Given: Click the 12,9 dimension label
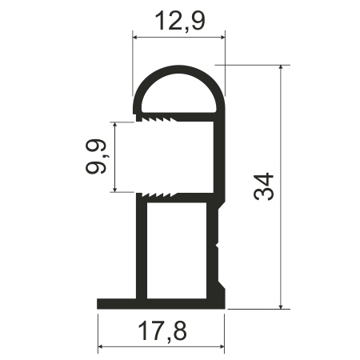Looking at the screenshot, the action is click(x=180, y=22).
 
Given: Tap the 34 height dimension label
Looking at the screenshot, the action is click(x=264, y=186).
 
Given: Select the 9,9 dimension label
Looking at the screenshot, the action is click(x=96, y=157).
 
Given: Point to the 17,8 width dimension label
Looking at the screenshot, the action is click(x=162, y=331).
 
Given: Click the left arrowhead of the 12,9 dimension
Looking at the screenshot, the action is click(x=135, y=38).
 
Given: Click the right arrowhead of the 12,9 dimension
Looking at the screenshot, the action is click(x=222, y=38).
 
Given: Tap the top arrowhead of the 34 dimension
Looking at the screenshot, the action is click(x=280, y=67).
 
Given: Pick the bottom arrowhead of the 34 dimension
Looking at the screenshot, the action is click(x=280, y=306).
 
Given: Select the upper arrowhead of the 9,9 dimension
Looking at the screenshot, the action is click(x=115, y=125).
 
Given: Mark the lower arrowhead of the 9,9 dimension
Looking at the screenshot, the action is click(x=115, y=189).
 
